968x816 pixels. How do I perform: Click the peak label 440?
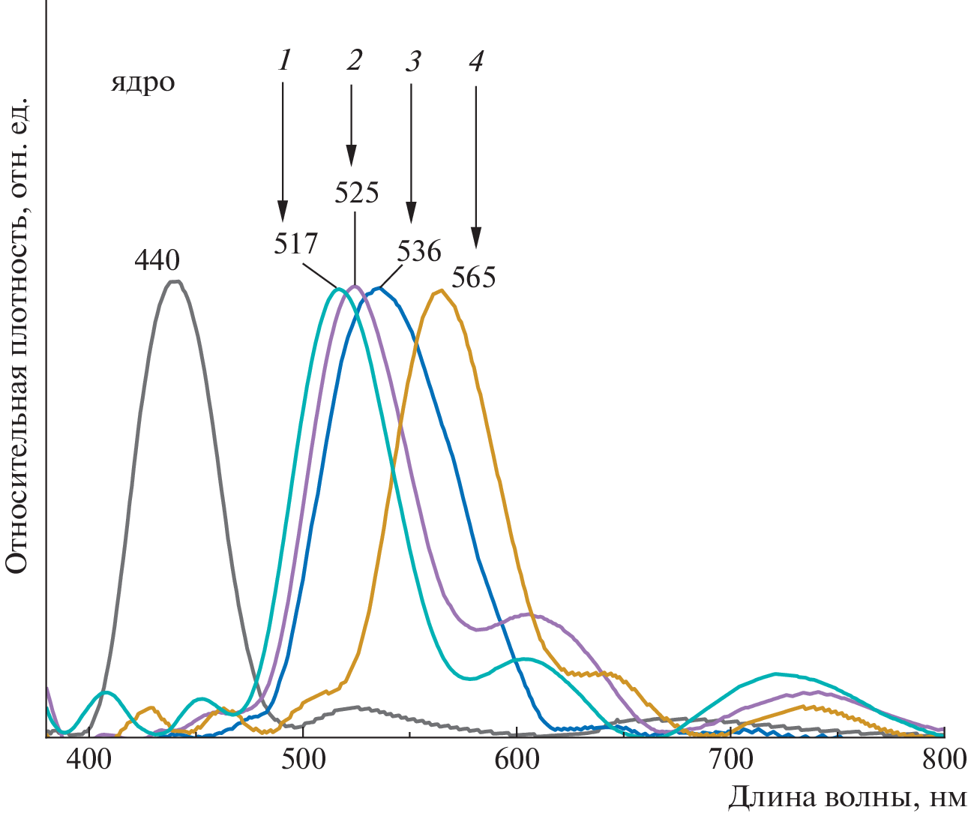point(157,261)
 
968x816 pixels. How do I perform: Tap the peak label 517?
point(295,244)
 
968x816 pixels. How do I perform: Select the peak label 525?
point(356,193)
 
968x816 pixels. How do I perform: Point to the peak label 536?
point(419,250)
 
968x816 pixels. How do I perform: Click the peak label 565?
point(473,277)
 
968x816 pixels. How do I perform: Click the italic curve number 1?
point(283,61)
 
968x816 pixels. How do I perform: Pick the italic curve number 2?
point(354,60)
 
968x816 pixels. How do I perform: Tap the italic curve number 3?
point(412,61)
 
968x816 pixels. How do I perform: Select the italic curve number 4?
point(475,61)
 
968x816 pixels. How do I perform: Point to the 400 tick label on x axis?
point(89,759)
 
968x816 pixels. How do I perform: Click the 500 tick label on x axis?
point(303,759)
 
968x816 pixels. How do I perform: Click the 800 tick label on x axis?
point(944,759)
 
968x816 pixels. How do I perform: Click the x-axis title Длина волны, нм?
point(847,797)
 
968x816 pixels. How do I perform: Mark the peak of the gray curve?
point(175,282)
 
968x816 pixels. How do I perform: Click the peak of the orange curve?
point(439,292)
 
